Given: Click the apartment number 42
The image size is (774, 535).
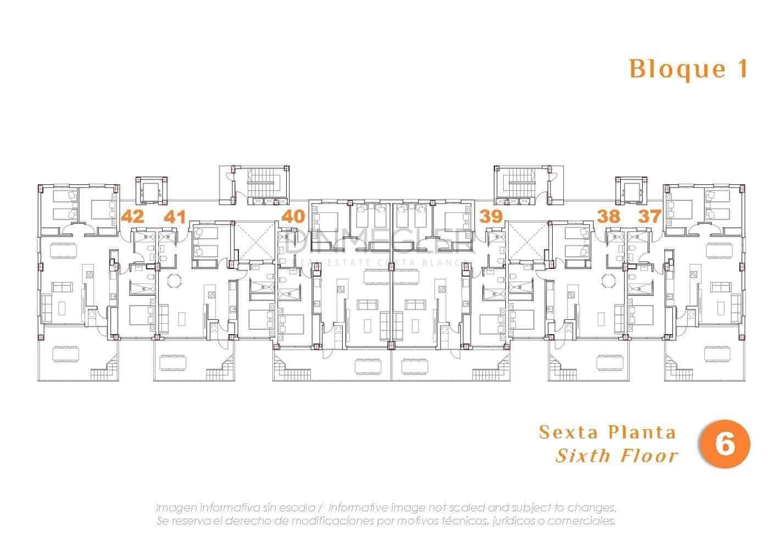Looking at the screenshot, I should click(x=132, y=216).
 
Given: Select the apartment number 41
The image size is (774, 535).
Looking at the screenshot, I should click(x=174, y=216).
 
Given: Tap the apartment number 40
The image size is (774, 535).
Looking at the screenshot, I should click(x=293, y=216).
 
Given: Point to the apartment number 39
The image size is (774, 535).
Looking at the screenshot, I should click(x=491, y=216).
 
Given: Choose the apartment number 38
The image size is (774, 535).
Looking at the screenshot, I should click(x=609, y=216).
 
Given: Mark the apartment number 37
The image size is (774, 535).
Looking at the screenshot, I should click(x=650, y=216).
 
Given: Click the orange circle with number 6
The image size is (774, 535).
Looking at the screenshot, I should click(x=724, y=444).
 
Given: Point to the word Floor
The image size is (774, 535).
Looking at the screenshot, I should click(x=649, y=455).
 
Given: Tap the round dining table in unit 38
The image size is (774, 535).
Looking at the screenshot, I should click(x=608, y=280).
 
